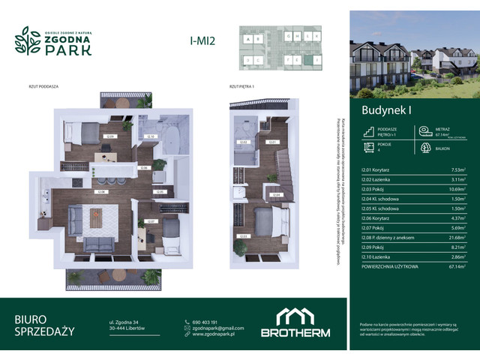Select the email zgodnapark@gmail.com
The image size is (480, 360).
point(218,328)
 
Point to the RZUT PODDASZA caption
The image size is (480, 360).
point(40,87)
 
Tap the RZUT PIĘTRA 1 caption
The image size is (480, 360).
point(242,87)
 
